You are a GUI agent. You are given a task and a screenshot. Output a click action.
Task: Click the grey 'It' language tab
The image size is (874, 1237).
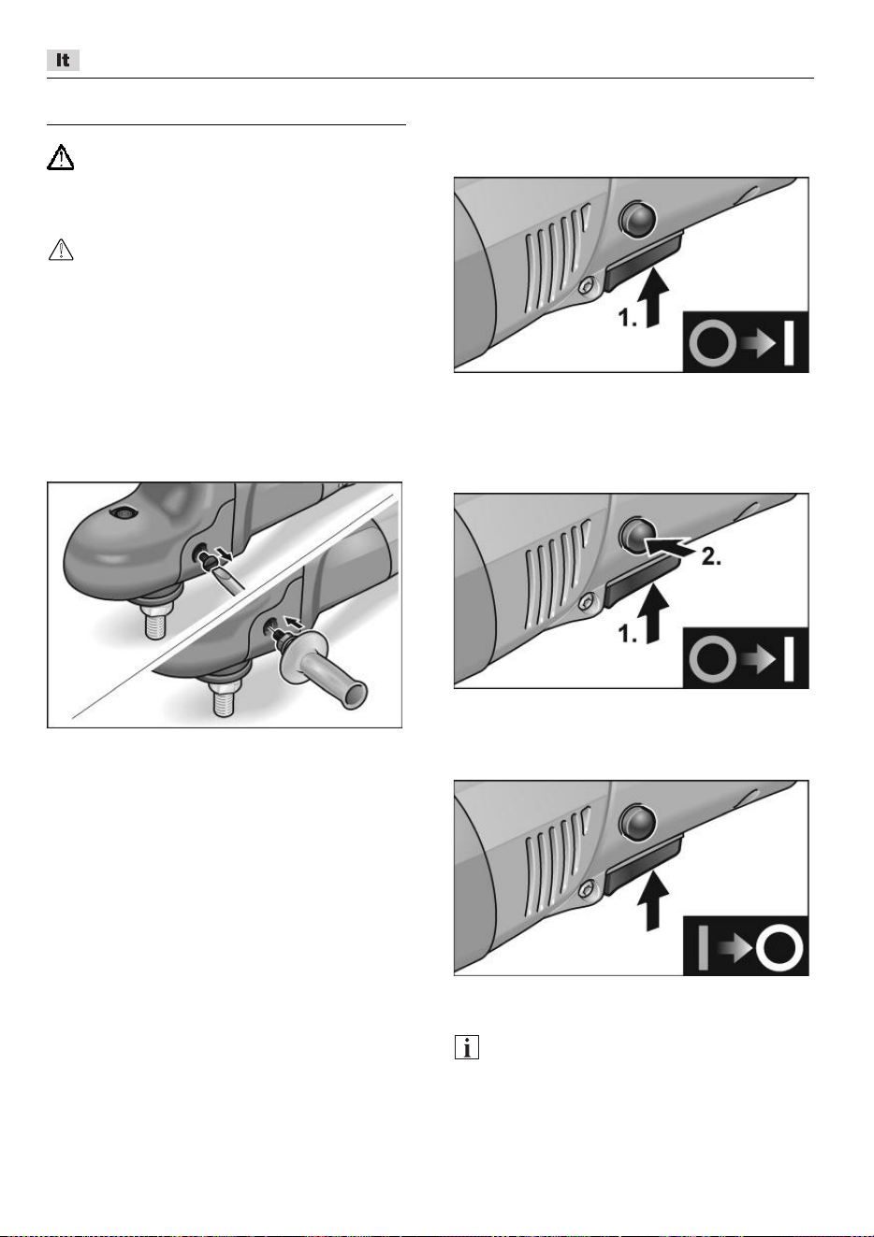coord(63,60)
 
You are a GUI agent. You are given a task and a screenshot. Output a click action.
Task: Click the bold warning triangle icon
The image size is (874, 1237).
coord(60,157)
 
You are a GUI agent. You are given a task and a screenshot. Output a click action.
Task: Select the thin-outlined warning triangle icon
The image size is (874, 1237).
coord(61,250)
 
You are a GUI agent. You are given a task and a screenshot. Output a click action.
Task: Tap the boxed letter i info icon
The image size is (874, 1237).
coord(467,1046)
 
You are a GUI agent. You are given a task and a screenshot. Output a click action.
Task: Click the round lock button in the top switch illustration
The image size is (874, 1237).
coord(638,218)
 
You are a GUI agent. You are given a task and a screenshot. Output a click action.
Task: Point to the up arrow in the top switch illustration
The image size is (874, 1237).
coord(653,296)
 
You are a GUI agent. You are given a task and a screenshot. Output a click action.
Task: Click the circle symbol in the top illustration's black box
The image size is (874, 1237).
coord(713,343)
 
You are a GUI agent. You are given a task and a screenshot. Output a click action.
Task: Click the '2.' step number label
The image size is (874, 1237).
coord(711,557)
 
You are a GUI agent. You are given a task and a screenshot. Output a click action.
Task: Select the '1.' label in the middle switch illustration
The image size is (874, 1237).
coord(628,634)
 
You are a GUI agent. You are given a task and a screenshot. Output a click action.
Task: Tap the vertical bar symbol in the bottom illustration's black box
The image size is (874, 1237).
coord(703,948)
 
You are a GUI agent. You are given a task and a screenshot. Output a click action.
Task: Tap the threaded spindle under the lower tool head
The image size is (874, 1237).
coord(224,697)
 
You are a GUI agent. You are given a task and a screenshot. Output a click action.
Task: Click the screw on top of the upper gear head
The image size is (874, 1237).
coord(122,513)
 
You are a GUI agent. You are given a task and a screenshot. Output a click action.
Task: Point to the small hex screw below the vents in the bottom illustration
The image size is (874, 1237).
coord(587,889)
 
